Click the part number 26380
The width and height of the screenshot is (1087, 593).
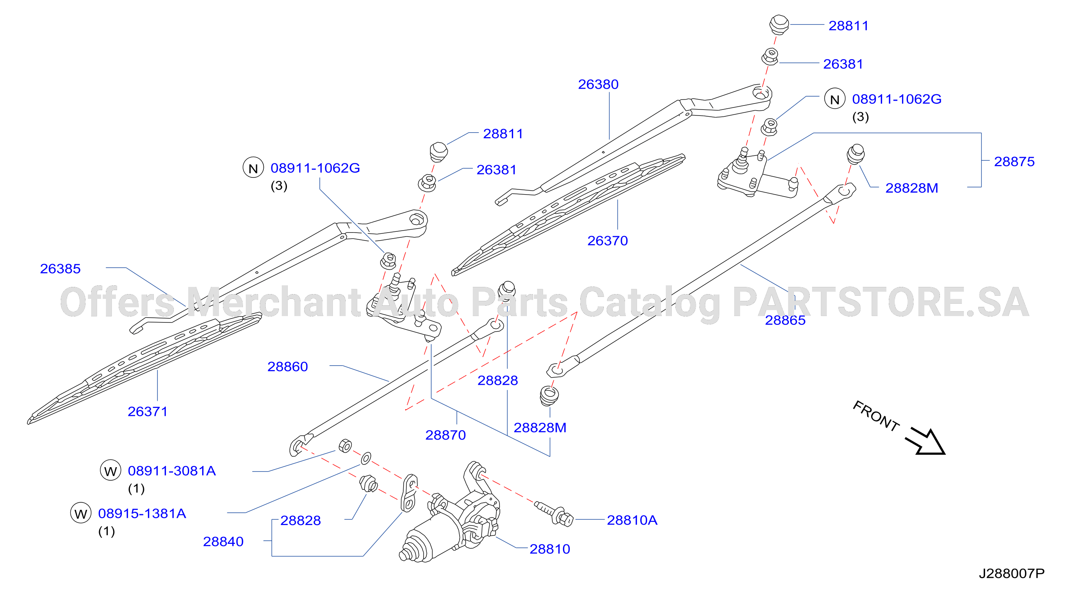coord(598,84)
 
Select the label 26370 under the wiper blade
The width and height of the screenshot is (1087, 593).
coord(607,241)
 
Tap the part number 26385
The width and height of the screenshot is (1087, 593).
coord(60,269)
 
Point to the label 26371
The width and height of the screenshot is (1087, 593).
coord(148,411)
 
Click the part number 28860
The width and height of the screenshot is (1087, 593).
coord(287,366)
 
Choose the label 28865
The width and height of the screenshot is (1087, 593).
coord(785,320)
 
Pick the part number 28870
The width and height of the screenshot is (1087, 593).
coord(445,435)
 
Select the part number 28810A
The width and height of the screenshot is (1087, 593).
coord(632,520)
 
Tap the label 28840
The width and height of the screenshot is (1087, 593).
coord(223,541)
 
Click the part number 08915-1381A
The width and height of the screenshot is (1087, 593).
coord(142,513)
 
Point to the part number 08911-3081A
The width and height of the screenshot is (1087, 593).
coord(172,471)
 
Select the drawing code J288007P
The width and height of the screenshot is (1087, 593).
coord(1011,573)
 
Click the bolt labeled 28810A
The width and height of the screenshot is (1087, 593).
coord(553,513)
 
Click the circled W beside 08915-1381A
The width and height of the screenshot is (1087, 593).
coord(81,513)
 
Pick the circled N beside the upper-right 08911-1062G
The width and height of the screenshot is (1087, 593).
coord(834,99)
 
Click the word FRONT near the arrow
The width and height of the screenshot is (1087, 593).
coord(876,416)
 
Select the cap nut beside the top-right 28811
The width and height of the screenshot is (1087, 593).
coord(779,24)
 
